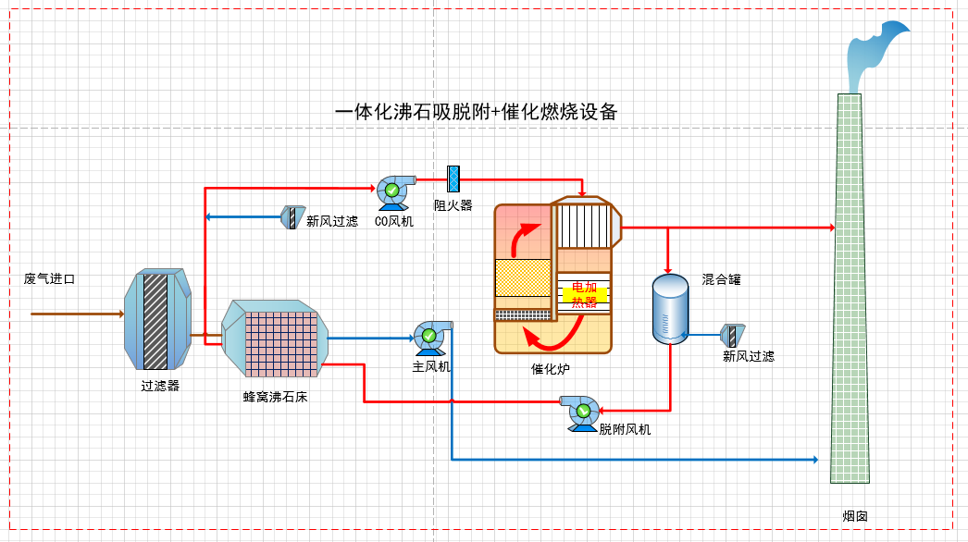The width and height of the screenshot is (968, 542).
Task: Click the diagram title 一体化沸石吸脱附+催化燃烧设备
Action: [476, 113]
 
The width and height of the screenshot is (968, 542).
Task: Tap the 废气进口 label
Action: [49, 278]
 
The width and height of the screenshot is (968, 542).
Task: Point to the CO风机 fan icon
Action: [392, 190]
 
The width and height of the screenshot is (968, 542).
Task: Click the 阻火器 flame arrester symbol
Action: [453, 178]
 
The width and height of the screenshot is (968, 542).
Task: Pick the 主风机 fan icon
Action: [430, 338]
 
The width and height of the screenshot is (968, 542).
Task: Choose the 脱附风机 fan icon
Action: [582, 413]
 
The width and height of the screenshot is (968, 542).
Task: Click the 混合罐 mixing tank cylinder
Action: [669, 308]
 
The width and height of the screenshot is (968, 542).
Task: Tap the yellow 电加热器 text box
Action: [584, 294]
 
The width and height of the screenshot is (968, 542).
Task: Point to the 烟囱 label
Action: [854, 515]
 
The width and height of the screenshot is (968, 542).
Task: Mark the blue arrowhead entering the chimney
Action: [814, 459]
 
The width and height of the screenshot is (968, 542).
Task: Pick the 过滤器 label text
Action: [160, 386]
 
